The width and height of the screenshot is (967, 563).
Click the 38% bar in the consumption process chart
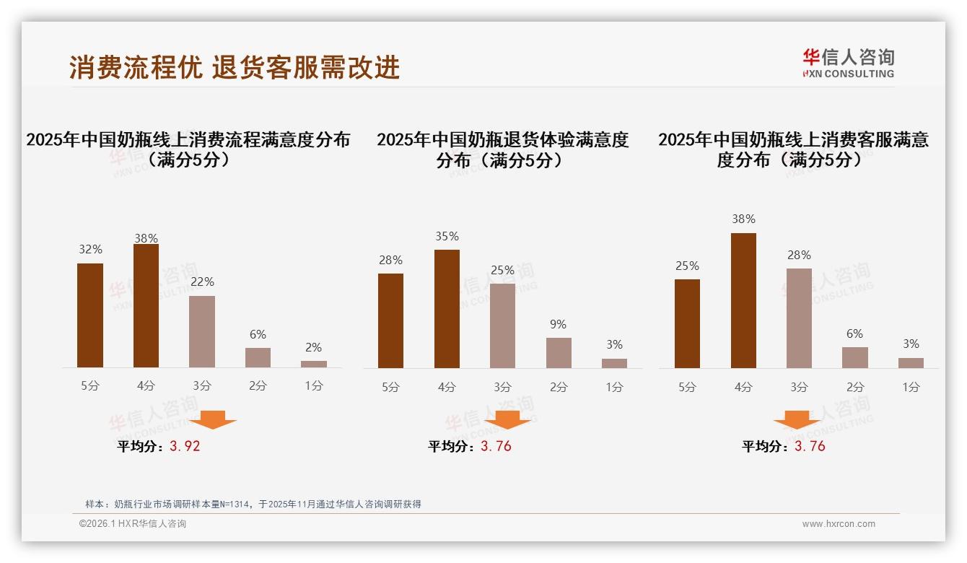(146, 306)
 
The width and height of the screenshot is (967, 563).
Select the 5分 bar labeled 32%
(90, 315)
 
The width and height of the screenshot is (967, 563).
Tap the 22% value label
(202, 282)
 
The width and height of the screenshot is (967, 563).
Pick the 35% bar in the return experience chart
(447, 309)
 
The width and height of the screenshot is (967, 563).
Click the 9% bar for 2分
(559, 353)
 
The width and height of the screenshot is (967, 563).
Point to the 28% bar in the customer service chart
(799, 318)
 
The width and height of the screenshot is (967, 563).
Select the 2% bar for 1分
(314, 364)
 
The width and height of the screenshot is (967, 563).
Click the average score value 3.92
(185, 446)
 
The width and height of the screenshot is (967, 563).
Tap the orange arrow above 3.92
(212, 419)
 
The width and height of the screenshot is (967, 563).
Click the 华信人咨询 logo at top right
(848, 63)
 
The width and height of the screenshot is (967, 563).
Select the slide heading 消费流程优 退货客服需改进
(235, 68)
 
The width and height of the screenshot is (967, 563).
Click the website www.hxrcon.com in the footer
(839, 524)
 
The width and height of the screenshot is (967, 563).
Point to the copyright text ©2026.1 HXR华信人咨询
(133, 524)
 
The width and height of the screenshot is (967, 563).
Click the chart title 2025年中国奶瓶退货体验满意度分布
(502, 149)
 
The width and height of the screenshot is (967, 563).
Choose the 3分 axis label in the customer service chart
(799, 387)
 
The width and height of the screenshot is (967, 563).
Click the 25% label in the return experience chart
(502, 271)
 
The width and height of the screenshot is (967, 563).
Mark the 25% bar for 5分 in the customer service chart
(687, 323)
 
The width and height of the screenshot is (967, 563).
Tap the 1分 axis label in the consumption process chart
(314, 386)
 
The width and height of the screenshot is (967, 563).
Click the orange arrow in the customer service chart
(797, 419)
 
